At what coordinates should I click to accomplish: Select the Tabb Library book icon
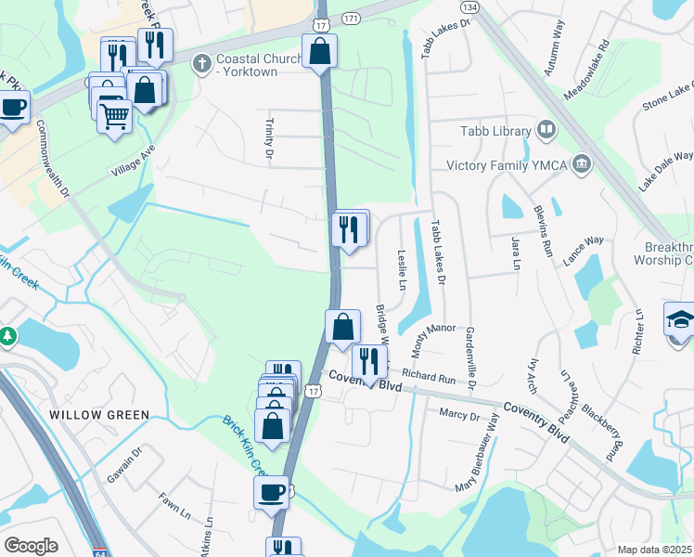[546, 131]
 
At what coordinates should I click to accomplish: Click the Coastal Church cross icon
[200, 64]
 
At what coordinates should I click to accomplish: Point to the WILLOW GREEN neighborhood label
[98, 415]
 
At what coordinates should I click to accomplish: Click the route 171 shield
[351, 19]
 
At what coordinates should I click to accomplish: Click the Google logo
[31, 546]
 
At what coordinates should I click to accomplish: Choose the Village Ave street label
[132, 161]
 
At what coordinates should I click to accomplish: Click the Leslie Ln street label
[402, 268]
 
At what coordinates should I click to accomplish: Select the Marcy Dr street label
[459, 414]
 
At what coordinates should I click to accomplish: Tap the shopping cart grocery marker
[115, 117]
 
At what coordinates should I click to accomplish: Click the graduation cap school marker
[680, 320]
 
